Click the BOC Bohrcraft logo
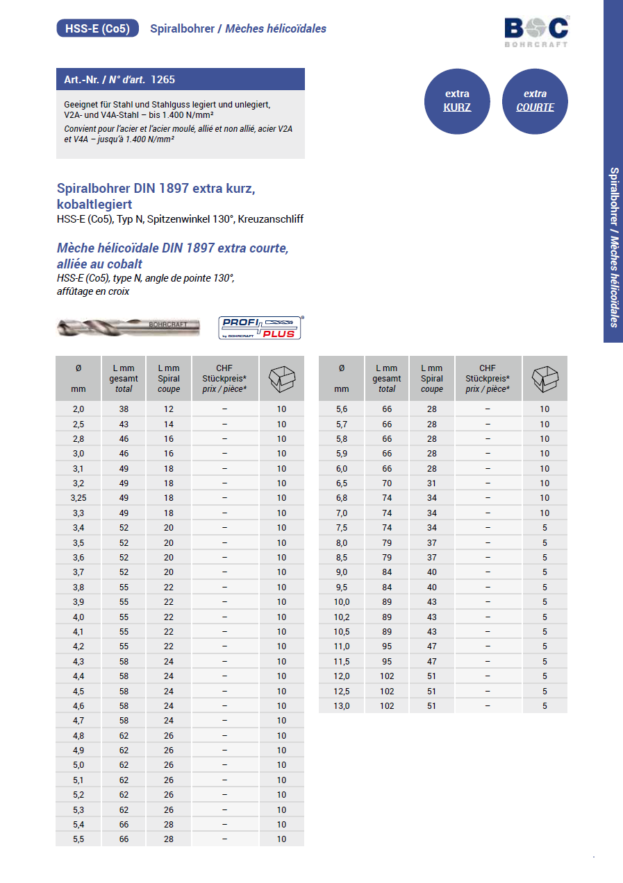pyautogui.click(x=536, y=31)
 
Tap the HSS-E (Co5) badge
pyautogui.click(x=97, y=28)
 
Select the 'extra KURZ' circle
pyautogui.click(x=457, y=101)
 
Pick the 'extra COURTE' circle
pyautogui.click(x=535, y=101)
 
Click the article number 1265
pyautogui.click(x=163, y=80)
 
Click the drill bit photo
pyautogui.click(x=128, y=327)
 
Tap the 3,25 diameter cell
pyautogui.click(x=78, y=498)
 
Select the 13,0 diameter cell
pyautogui.click(x=341, y=705)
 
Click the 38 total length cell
pyautogui.click(x=124, y=409)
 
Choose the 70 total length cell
pyautogui.click(x=387, y=483)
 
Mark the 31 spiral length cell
pyautogui.click(x=432, y=483)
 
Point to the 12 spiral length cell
pyautogui.click(x=169, y=409)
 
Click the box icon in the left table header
pyautogui.click(x=281, y=379)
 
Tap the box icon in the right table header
pyautogui.click(x=545, y=379)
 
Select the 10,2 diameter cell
pyautogui.click(x=341, y=617)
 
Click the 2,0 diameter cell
pyautogui.click(x=78, y=409)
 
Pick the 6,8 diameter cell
pyautogui.click(x=341, y=498)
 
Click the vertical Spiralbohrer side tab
pyautogui.click(x=613, y=246)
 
